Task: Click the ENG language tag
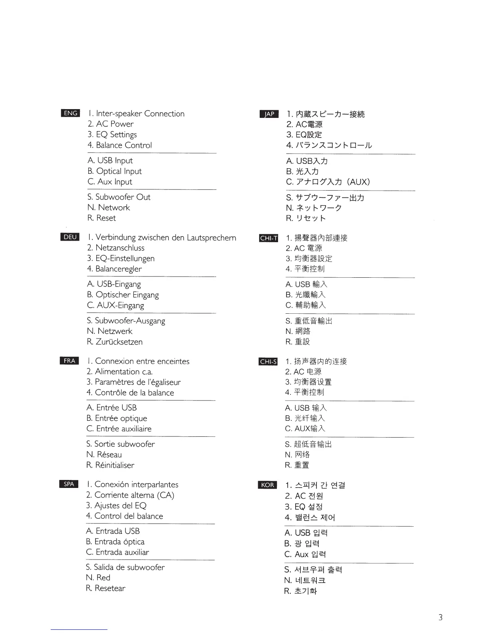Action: click(x=71, y=113)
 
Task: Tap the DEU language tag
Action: click(x=70, y=237)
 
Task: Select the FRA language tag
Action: click(x=70, y=361)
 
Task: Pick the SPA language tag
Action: click(x=69, y=484)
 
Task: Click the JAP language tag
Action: click(x=269, y=114)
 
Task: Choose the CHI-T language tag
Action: click(x=268, y=238)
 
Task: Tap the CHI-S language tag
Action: click(x=268, y=362)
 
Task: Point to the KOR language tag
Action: click(x=267, y=485)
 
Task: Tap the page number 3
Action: click(x=440, y=617)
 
